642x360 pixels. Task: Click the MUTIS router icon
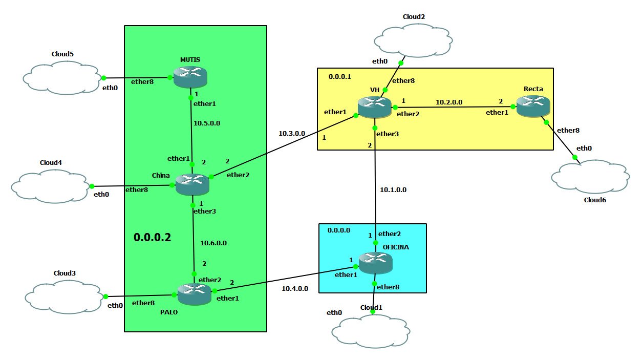190,77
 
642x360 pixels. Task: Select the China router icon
192,184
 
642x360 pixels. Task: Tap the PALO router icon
195,294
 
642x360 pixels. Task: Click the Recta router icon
533,105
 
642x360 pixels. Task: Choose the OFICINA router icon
375,263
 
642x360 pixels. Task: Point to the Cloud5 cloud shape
62,78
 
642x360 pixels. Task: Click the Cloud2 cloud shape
413,41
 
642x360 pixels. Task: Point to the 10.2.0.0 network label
449,102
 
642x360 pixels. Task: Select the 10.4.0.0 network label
295,289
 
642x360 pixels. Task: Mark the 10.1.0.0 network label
393,190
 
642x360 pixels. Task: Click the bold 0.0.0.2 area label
152,238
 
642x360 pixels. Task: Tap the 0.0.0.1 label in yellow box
340,76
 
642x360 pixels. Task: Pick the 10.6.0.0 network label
213,243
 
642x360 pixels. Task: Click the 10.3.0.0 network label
292,133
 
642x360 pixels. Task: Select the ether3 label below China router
204,211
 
